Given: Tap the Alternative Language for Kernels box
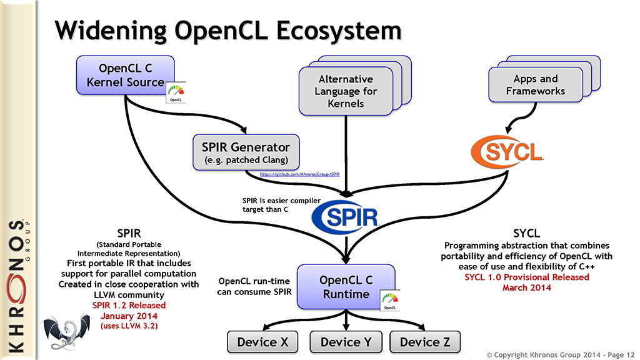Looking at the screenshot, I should click(346, 91).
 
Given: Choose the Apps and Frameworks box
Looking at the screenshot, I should click(535, 85).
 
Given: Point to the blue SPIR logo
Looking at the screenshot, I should click(346, 217).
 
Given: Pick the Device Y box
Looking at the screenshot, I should click(345, 342).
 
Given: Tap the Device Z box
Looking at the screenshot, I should click(424, 342).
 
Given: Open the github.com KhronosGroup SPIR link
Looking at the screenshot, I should click(299, 175).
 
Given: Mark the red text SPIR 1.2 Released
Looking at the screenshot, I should click(129, 305).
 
